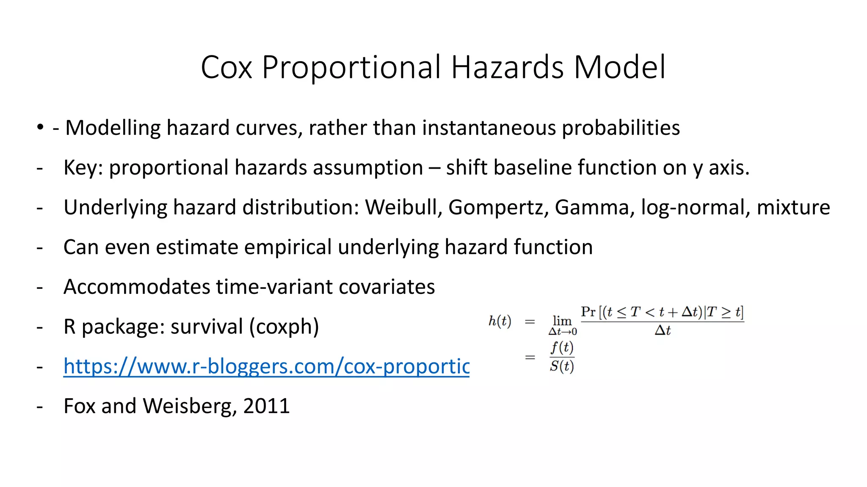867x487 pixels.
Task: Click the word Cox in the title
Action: (x=226, y=68)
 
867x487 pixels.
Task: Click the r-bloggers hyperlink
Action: (x=266, y=366)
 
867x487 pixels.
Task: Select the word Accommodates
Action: (x=137, y=287)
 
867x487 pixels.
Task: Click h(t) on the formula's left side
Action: (x=500, y=321)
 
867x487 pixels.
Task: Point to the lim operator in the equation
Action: (x=562, y=321)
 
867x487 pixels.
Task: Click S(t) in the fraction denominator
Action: (x=562, y=366)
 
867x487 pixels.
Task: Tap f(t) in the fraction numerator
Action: (x=562, y=347)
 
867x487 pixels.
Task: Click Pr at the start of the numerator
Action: (x=588, y=312)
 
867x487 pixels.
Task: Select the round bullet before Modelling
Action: (x=40, y=127)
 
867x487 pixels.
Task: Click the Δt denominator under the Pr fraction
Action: (x=663, y=331)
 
